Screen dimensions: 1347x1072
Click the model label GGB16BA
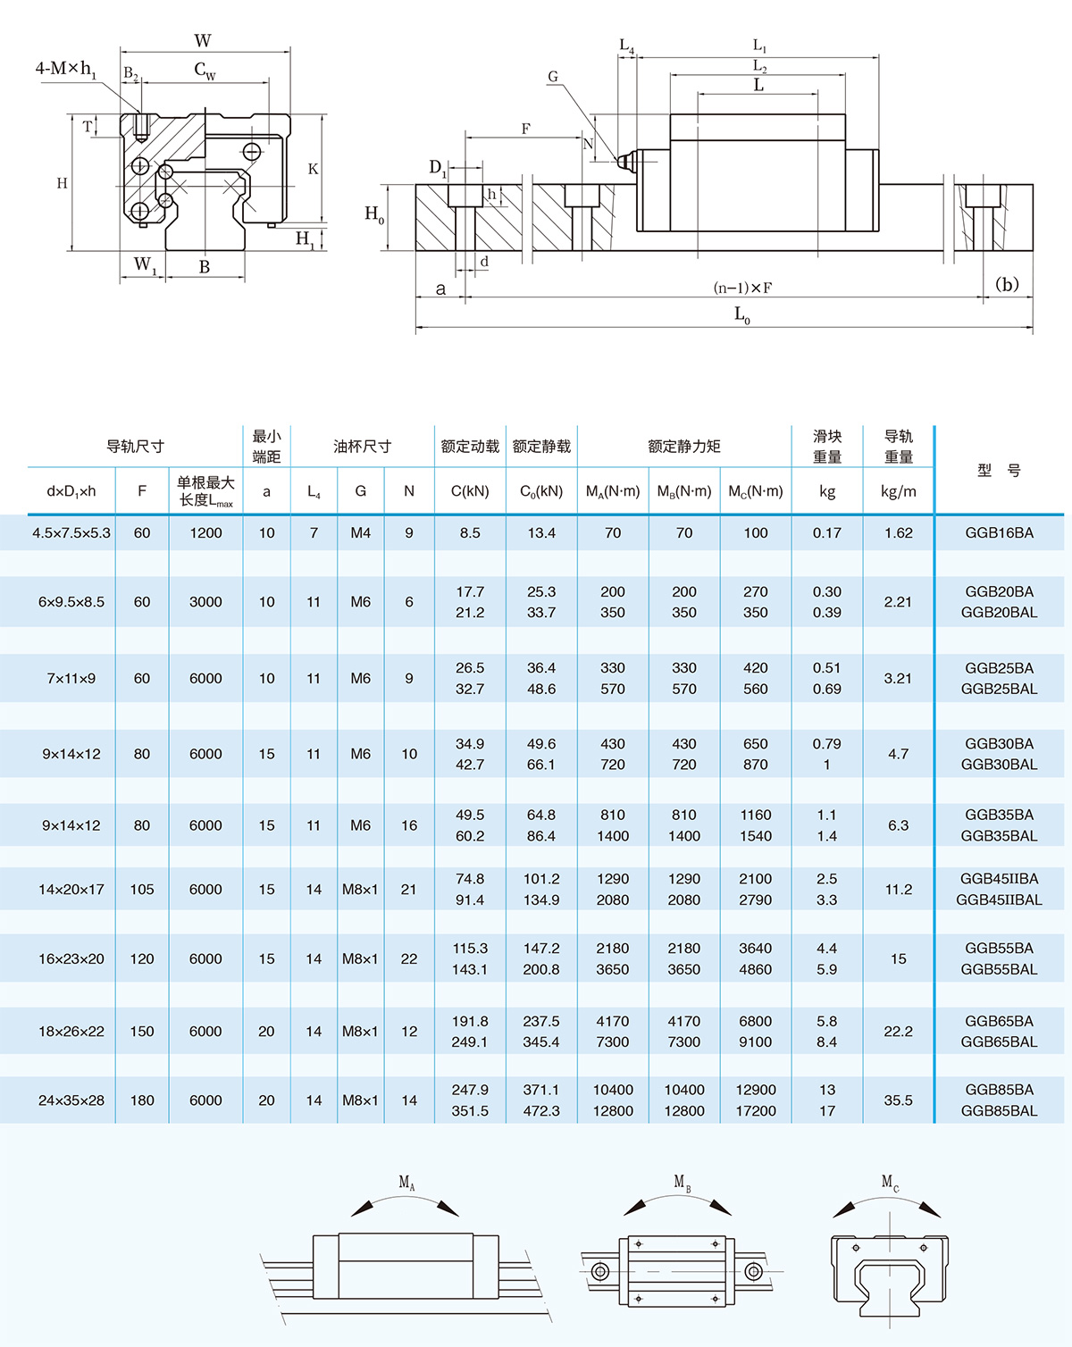(999, 533)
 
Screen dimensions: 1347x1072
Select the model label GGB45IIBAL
(999, 900)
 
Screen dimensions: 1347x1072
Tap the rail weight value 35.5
(898, 1100)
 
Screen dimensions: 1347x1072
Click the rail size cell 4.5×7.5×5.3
(71, 533)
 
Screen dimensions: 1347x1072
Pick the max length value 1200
(205, 533)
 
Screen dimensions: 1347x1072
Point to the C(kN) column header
(470, 491)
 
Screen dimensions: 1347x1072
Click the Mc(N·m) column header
(756, 491)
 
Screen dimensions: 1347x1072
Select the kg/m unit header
(898, 491)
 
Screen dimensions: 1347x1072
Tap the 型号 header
(999, 471)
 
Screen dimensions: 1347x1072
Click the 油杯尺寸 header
(362, 447)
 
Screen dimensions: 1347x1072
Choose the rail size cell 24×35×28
(71, 1100)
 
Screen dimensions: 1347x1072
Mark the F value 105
(142, 890)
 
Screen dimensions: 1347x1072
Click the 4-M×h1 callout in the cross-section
(65, 69)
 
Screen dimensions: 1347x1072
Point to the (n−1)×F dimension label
(742, 288)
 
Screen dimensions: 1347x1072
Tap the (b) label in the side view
(1007, 285)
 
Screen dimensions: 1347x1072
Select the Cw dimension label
(205, 71)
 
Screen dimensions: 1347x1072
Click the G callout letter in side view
(553, 77)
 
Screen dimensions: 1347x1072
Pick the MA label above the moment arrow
(406, 1183)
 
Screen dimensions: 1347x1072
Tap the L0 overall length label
(742, 314)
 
